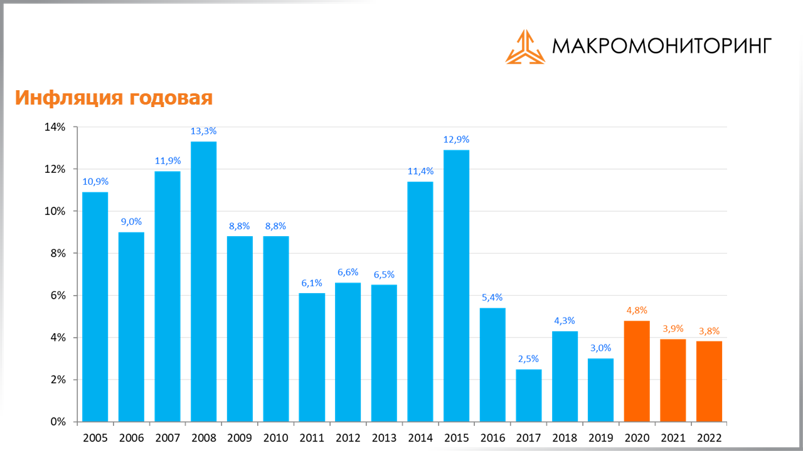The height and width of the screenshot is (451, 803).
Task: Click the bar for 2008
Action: (203, 282)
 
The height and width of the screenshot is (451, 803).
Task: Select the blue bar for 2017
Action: (529, 396)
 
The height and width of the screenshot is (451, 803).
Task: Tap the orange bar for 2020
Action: (637, 371)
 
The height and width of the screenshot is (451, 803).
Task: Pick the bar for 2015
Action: (456, 286)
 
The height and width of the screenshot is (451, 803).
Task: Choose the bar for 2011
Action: (312, 358)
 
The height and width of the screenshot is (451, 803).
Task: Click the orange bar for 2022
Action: (709, 381)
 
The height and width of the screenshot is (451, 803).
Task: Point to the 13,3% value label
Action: (203, 131)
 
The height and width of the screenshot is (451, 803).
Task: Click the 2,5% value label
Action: (529, 359)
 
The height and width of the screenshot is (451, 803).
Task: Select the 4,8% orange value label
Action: (637, 310)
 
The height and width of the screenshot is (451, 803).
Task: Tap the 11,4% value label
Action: (420, 171)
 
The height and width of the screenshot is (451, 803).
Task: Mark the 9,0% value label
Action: (131, 221)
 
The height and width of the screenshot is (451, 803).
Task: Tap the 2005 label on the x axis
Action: (95, 437)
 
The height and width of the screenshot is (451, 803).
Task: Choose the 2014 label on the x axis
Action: (420, 437)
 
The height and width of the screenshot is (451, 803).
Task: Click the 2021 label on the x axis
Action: (673, 437)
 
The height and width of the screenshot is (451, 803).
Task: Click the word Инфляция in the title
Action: (69, 98)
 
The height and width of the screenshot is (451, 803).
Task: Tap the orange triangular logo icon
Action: (525, 47)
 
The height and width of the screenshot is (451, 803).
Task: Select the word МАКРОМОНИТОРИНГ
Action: (662, 46)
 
